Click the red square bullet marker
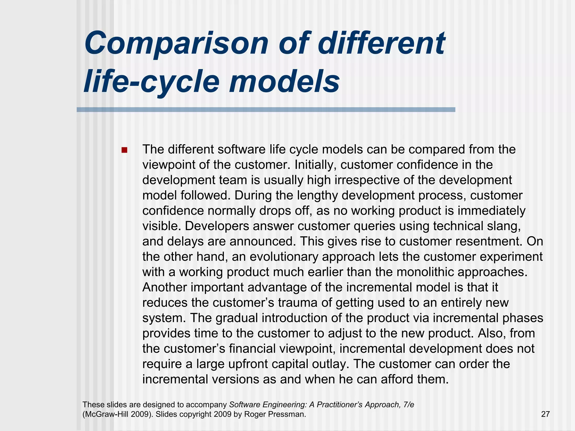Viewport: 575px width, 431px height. click(x=124, y=150)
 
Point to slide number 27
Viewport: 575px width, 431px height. click(x=545, y=414)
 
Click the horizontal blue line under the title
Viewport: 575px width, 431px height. click(x=266, y=110)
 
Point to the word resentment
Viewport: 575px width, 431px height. click(x=489, y=241)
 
